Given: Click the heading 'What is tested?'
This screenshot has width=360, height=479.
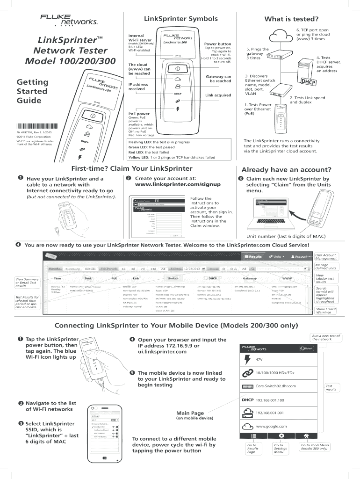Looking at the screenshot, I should pyautogui.click(x=285, y=19).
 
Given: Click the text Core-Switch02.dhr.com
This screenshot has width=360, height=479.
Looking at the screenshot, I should pyautogui.click(x=276, y=386).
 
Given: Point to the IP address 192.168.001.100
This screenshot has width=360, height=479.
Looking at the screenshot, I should pyautogui.click(x=270, y=400).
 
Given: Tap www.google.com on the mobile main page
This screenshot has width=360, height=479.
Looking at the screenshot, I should pyautogui.click(x=271, y=426).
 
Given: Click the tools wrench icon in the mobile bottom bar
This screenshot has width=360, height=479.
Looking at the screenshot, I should pyautogui.click(x=306, y=435).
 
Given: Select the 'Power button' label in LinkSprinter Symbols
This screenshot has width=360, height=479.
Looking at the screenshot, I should pyautogui.click(x=218, y=44).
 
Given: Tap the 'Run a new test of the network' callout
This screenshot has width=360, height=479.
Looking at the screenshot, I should pyautogui.click(x=325, y=337).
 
